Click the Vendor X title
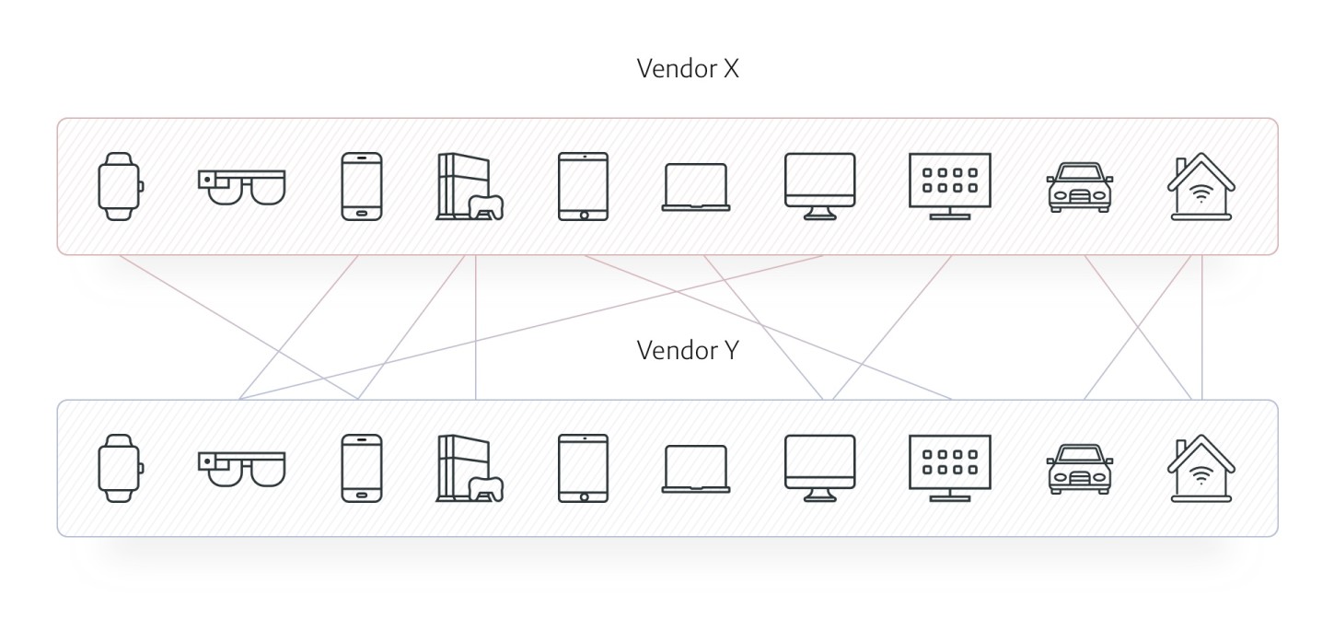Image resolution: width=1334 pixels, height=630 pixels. [x=688, y=68]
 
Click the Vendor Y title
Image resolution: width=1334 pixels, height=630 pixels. [x=688, y=351]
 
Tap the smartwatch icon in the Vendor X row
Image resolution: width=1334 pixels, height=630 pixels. [x=121, y=187]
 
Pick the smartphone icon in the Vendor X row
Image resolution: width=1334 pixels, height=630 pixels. [x=362, y=187]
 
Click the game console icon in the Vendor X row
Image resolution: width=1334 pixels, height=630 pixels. [x=470, y=187]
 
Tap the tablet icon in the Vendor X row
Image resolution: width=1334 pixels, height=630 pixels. [x=583, y=187]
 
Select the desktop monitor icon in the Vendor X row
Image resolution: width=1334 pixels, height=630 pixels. [x=820, y=187]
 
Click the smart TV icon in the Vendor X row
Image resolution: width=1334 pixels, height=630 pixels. [x=950, y=187]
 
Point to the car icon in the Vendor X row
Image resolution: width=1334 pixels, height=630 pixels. [x=1080, y=188]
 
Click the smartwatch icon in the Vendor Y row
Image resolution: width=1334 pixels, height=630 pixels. [x=121, y=469]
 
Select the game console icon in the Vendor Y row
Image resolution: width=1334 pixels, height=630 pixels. [x=470, y=469]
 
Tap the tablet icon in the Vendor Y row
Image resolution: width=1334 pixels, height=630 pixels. [x=583, y=469]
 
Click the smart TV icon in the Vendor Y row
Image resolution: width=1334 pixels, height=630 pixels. [x=950, y=469]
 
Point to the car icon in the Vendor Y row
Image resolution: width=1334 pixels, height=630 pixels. [x=1080, y=470]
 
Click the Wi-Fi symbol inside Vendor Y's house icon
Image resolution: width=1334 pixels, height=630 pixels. [x=1201, y=476]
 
